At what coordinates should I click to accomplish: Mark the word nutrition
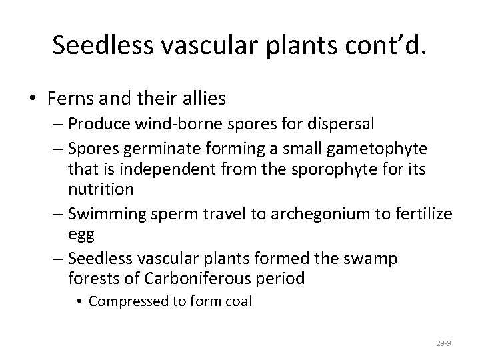click(x=101, y=189)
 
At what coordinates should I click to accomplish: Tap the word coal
click(x=236, y=301)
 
